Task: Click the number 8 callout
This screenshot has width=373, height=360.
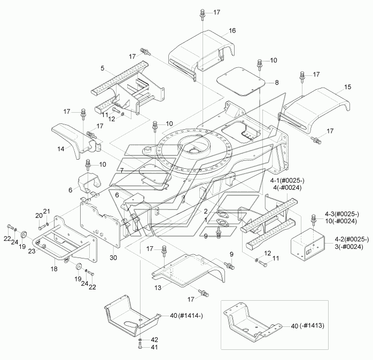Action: click(276, 83)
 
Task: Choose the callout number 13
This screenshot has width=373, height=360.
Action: click(158, 288)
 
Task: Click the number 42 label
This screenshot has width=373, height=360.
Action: click(154, 340)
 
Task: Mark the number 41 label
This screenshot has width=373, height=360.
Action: click(154, 347)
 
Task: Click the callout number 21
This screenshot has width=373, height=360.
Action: click(46, 211)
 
